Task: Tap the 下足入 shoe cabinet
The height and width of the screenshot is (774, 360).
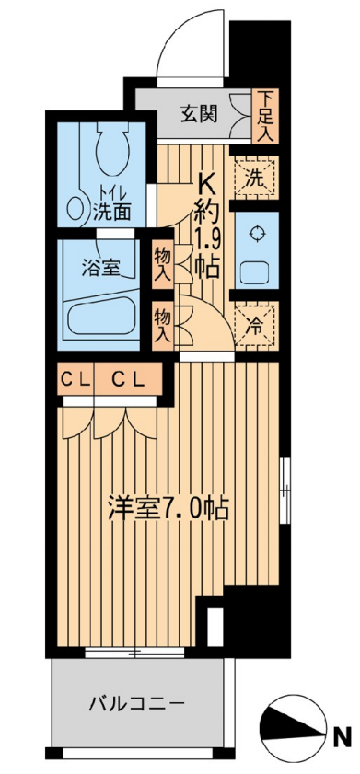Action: tap(265, 117)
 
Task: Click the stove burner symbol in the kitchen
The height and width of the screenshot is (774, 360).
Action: tap(256, 234)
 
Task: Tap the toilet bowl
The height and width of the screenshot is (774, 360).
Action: tap(112, 151)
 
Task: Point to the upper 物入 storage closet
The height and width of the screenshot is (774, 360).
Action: tap(162, 263)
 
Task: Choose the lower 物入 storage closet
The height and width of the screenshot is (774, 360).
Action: tap(162, 326)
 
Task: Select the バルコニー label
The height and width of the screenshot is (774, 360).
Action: tap(137, 702)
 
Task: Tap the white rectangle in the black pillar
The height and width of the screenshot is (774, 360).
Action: tap(215, 627)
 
